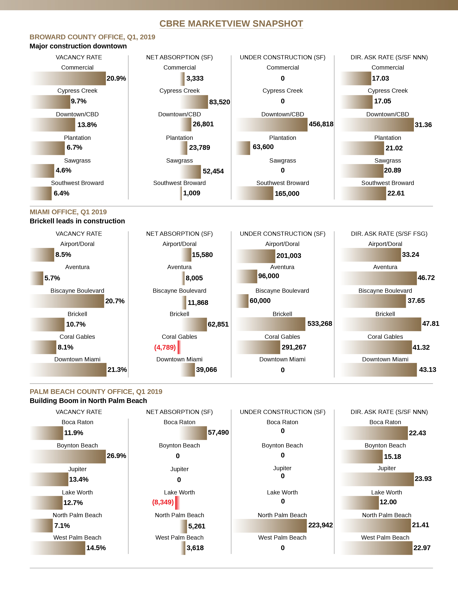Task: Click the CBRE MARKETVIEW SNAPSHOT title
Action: [231, 24]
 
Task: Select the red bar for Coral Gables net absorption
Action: [179, 347]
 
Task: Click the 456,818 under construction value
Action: [321, 124]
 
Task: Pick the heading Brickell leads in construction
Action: [77, 221]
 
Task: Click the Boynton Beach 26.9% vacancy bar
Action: [68, 456]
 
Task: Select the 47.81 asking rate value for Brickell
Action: [430, 324]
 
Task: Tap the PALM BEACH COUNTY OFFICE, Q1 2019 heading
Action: [96, 392]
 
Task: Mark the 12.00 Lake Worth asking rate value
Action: [388, 502]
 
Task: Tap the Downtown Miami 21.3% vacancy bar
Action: [68, 370]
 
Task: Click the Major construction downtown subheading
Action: [78, 46]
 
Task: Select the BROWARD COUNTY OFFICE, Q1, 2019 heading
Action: [92, 37]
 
